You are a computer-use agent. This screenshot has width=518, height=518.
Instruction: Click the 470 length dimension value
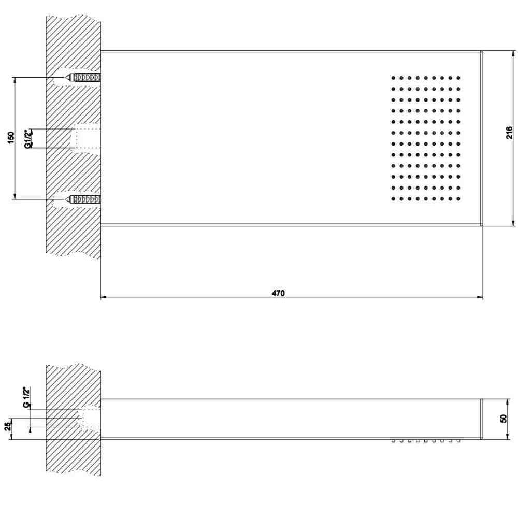pos(278,293)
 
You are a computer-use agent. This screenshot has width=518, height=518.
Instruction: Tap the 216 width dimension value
pos(509,133)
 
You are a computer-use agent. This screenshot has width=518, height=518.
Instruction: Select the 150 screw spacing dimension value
pos(11,137)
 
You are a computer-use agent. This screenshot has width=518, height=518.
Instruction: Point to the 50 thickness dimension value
pos(503,418)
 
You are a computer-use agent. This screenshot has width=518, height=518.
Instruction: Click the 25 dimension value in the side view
pos(8,426)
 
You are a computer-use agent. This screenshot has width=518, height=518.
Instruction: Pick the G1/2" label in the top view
pos(28,138)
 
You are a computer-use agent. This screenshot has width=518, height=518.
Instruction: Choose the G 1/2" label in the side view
pos(27,397)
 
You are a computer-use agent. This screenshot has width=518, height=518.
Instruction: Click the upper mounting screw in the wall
pos(83,78)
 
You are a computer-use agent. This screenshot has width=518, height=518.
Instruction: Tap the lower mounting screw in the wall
pos(83,199)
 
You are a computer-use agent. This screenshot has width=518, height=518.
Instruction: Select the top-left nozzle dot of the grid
pos(393,78)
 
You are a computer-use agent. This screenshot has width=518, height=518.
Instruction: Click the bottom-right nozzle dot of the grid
pos(458,199)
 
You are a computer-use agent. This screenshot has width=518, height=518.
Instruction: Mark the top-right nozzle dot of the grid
pos(458,78)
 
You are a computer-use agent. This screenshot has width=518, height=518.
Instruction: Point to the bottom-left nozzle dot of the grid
pos(393,199)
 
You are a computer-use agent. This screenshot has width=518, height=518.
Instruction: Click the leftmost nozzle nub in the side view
pos(393,441)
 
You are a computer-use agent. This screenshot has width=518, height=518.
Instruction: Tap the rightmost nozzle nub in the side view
pos(458,441)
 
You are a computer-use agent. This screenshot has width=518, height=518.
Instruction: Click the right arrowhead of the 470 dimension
pos(480,297)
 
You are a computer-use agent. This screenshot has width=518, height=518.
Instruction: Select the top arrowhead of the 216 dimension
pos(513,54)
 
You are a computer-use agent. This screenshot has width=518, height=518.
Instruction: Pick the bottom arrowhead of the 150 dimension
pos(15,196)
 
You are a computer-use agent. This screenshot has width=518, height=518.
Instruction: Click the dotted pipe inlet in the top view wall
pos(85,138)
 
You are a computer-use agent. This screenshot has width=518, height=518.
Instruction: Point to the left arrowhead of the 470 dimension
pos(104,297)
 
